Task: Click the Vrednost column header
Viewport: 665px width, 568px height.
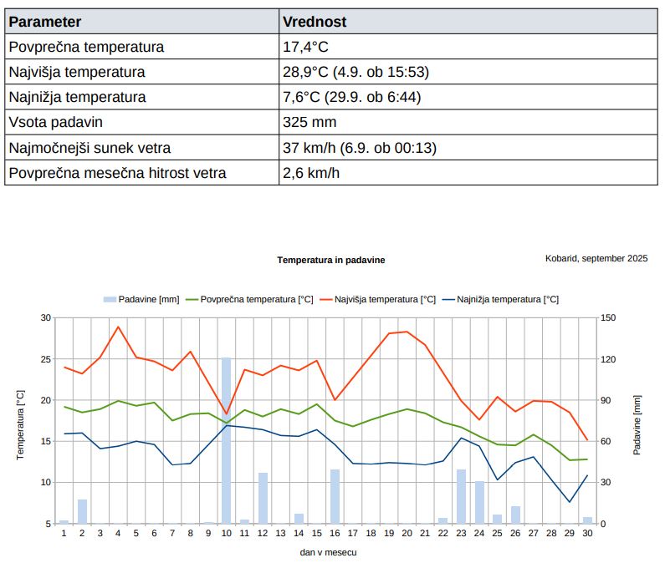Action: (x=315, y=22)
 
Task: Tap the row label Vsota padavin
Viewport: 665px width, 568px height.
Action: (x=55, y=123)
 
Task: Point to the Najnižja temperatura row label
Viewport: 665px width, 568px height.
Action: (x=77, y=97)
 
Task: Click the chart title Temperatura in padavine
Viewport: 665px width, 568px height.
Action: (x=331, y=260)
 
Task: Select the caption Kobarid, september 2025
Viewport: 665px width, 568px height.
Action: (x=596, y=258)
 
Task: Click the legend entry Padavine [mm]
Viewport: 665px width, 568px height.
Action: (x=141, y=300)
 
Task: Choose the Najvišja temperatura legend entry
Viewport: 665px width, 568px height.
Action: (x=378, y=300)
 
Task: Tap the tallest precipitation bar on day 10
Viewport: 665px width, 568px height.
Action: (x=227, y=440)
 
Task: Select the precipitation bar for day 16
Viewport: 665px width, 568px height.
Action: (x=335, y=496)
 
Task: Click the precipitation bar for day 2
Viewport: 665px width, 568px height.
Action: (x=82, y=512)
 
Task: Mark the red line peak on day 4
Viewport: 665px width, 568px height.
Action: (x=118, y=327)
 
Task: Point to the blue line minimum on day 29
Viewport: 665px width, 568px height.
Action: (x=570, y=502)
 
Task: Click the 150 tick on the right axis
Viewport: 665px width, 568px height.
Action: (x=608, y=317)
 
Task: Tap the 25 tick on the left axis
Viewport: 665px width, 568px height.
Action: (x=45, y=359)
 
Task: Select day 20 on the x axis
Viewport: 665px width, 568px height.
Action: (x=407, y=533)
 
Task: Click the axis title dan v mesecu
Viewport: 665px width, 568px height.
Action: (x=328, y=552)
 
